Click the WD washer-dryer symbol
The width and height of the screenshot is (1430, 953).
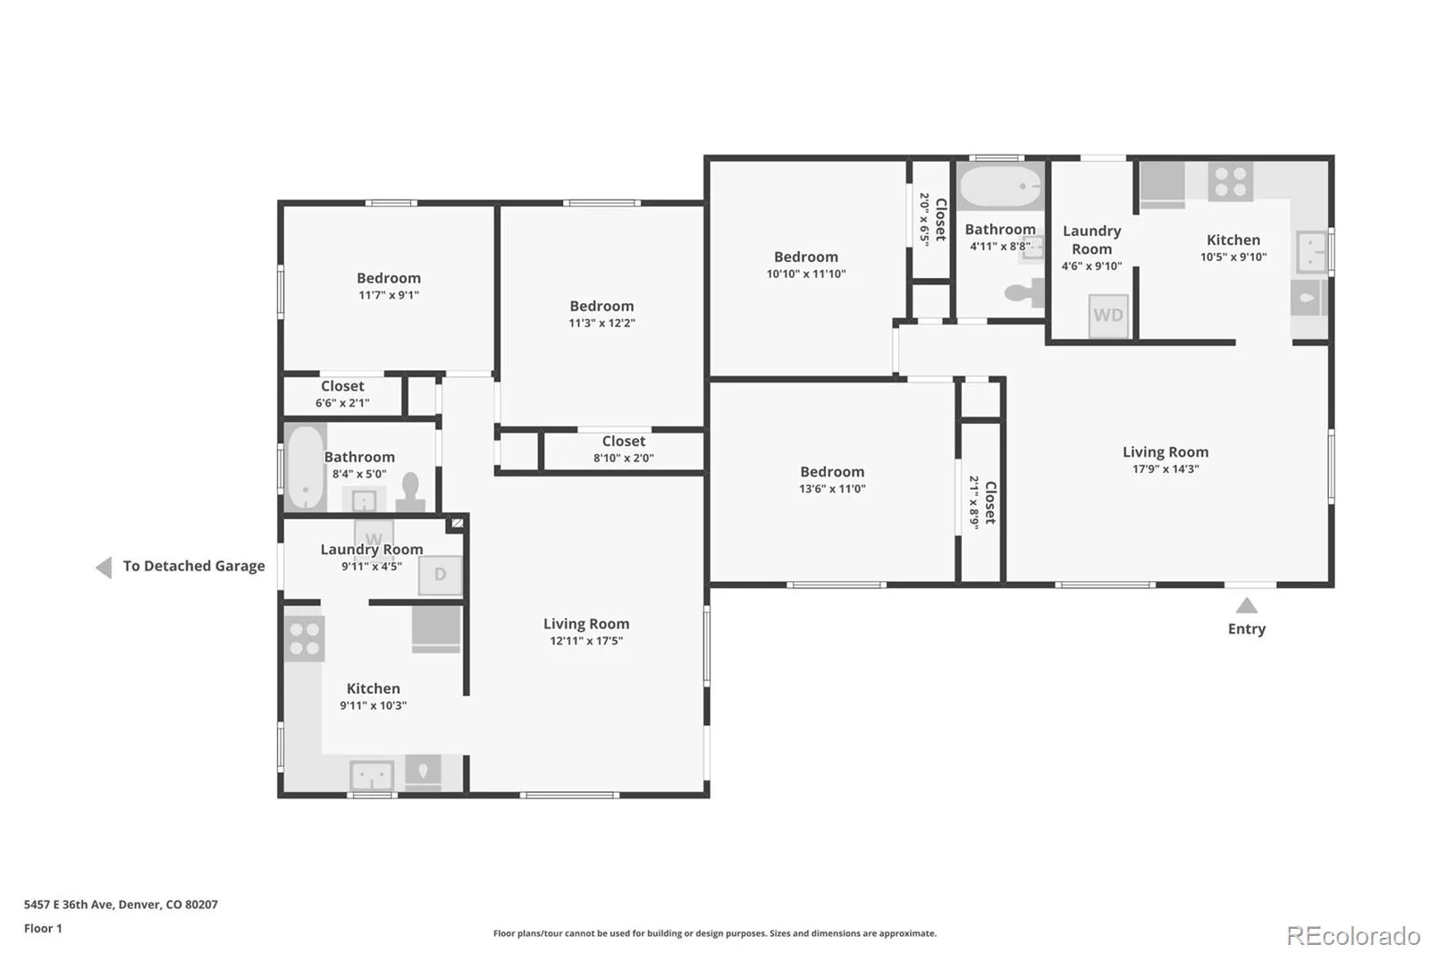1108,316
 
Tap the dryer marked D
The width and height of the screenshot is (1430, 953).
440,575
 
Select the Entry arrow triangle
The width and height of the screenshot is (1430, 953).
1246,605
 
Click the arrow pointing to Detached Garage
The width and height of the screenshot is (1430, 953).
104,567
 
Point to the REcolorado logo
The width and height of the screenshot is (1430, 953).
1353,936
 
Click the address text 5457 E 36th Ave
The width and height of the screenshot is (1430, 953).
70,905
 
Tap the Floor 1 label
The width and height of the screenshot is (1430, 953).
43,928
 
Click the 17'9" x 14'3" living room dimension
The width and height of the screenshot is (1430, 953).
1165,468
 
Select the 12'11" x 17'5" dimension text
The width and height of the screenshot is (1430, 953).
586,641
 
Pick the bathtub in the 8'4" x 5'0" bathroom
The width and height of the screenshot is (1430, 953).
306,467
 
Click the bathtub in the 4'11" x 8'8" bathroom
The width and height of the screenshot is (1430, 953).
1000,186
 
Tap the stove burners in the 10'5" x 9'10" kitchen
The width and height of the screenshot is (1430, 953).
1230,181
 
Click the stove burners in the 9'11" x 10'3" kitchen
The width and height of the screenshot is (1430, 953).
305,638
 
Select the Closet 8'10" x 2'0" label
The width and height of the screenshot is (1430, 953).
623,449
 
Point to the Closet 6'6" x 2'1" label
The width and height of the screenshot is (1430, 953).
342,394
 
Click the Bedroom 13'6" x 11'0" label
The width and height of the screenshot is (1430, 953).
832,480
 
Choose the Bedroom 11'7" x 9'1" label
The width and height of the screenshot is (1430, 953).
388,286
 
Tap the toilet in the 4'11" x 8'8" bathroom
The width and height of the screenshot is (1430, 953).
1024,292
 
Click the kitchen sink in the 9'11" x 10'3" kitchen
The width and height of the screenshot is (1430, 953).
372,776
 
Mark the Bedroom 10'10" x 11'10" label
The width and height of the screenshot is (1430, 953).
805,266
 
